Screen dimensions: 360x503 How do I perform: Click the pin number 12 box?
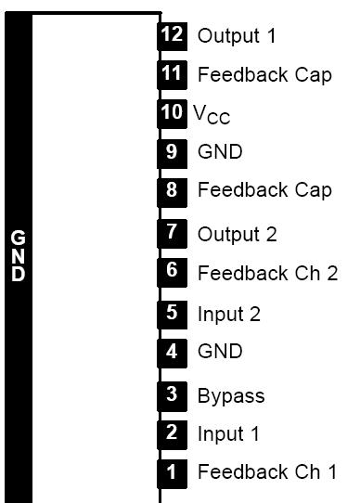(x=172, y=35)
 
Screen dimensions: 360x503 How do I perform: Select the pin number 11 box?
(x=172, y=73)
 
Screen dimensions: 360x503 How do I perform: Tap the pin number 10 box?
(x=172, y=112)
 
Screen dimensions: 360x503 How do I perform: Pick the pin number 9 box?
(x=172, y=151)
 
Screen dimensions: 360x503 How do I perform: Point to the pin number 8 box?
(x=172, y=189)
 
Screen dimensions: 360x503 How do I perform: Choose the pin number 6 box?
(x=172, y=272)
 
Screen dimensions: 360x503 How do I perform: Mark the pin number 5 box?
(x=172, y=313)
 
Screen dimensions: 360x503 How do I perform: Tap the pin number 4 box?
(x=172, y=352)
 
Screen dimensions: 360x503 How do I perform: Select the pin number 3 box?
(x=172, y=394)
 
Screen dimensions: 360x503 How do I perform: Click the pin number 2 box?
(x=172, y=432)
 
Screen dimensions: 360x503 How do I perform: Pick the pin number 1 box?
(x=172, y=471)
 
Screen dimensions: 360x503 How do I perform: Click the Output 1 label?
(x=237, y=35)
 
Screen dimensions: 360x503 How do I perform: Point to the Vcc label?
(x=212, y=114)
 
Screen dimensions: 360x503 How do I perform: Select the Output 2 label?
(x=237, y=234)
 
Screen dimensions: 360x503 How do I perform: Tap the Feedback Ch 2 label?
(x=267, y=273)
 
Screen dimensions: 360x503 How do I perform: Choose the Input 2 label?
(x=228, y=314)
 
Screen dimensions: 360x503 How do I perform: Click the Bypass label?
(x=231, y=396)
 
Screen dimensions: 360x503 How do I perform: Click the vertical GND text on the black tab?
(x=19, y=256)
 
